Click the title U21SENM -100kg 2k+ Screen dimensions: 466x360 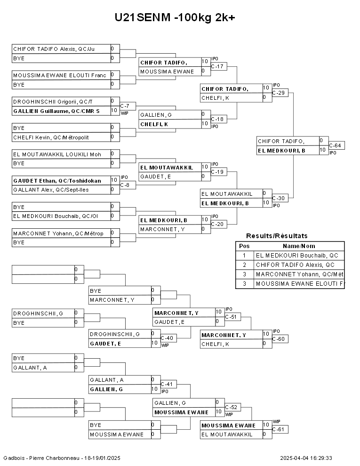pos(175,18)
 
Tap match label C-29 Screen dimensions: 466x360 pos(280,93)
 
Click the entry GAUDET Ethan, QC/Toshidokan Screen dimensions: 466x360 pos(57,181)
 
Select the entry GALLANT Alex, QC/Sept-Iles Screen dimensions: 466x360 pos(51,190)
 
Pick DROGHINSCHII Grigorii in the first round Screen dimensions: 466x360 pos(53,102)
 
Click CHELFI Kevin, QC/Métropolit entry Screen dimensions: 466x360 pos(51,137)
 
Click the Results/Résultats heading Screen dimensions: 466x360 pos(277,236)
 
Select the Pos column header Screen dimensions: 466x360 pos(244,246)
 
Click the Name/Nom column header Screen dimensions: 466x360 pos(299,246)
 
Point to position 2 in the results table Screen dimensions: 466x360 pos(244,265)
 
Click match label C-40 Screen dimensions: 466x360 pos(167,338)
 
